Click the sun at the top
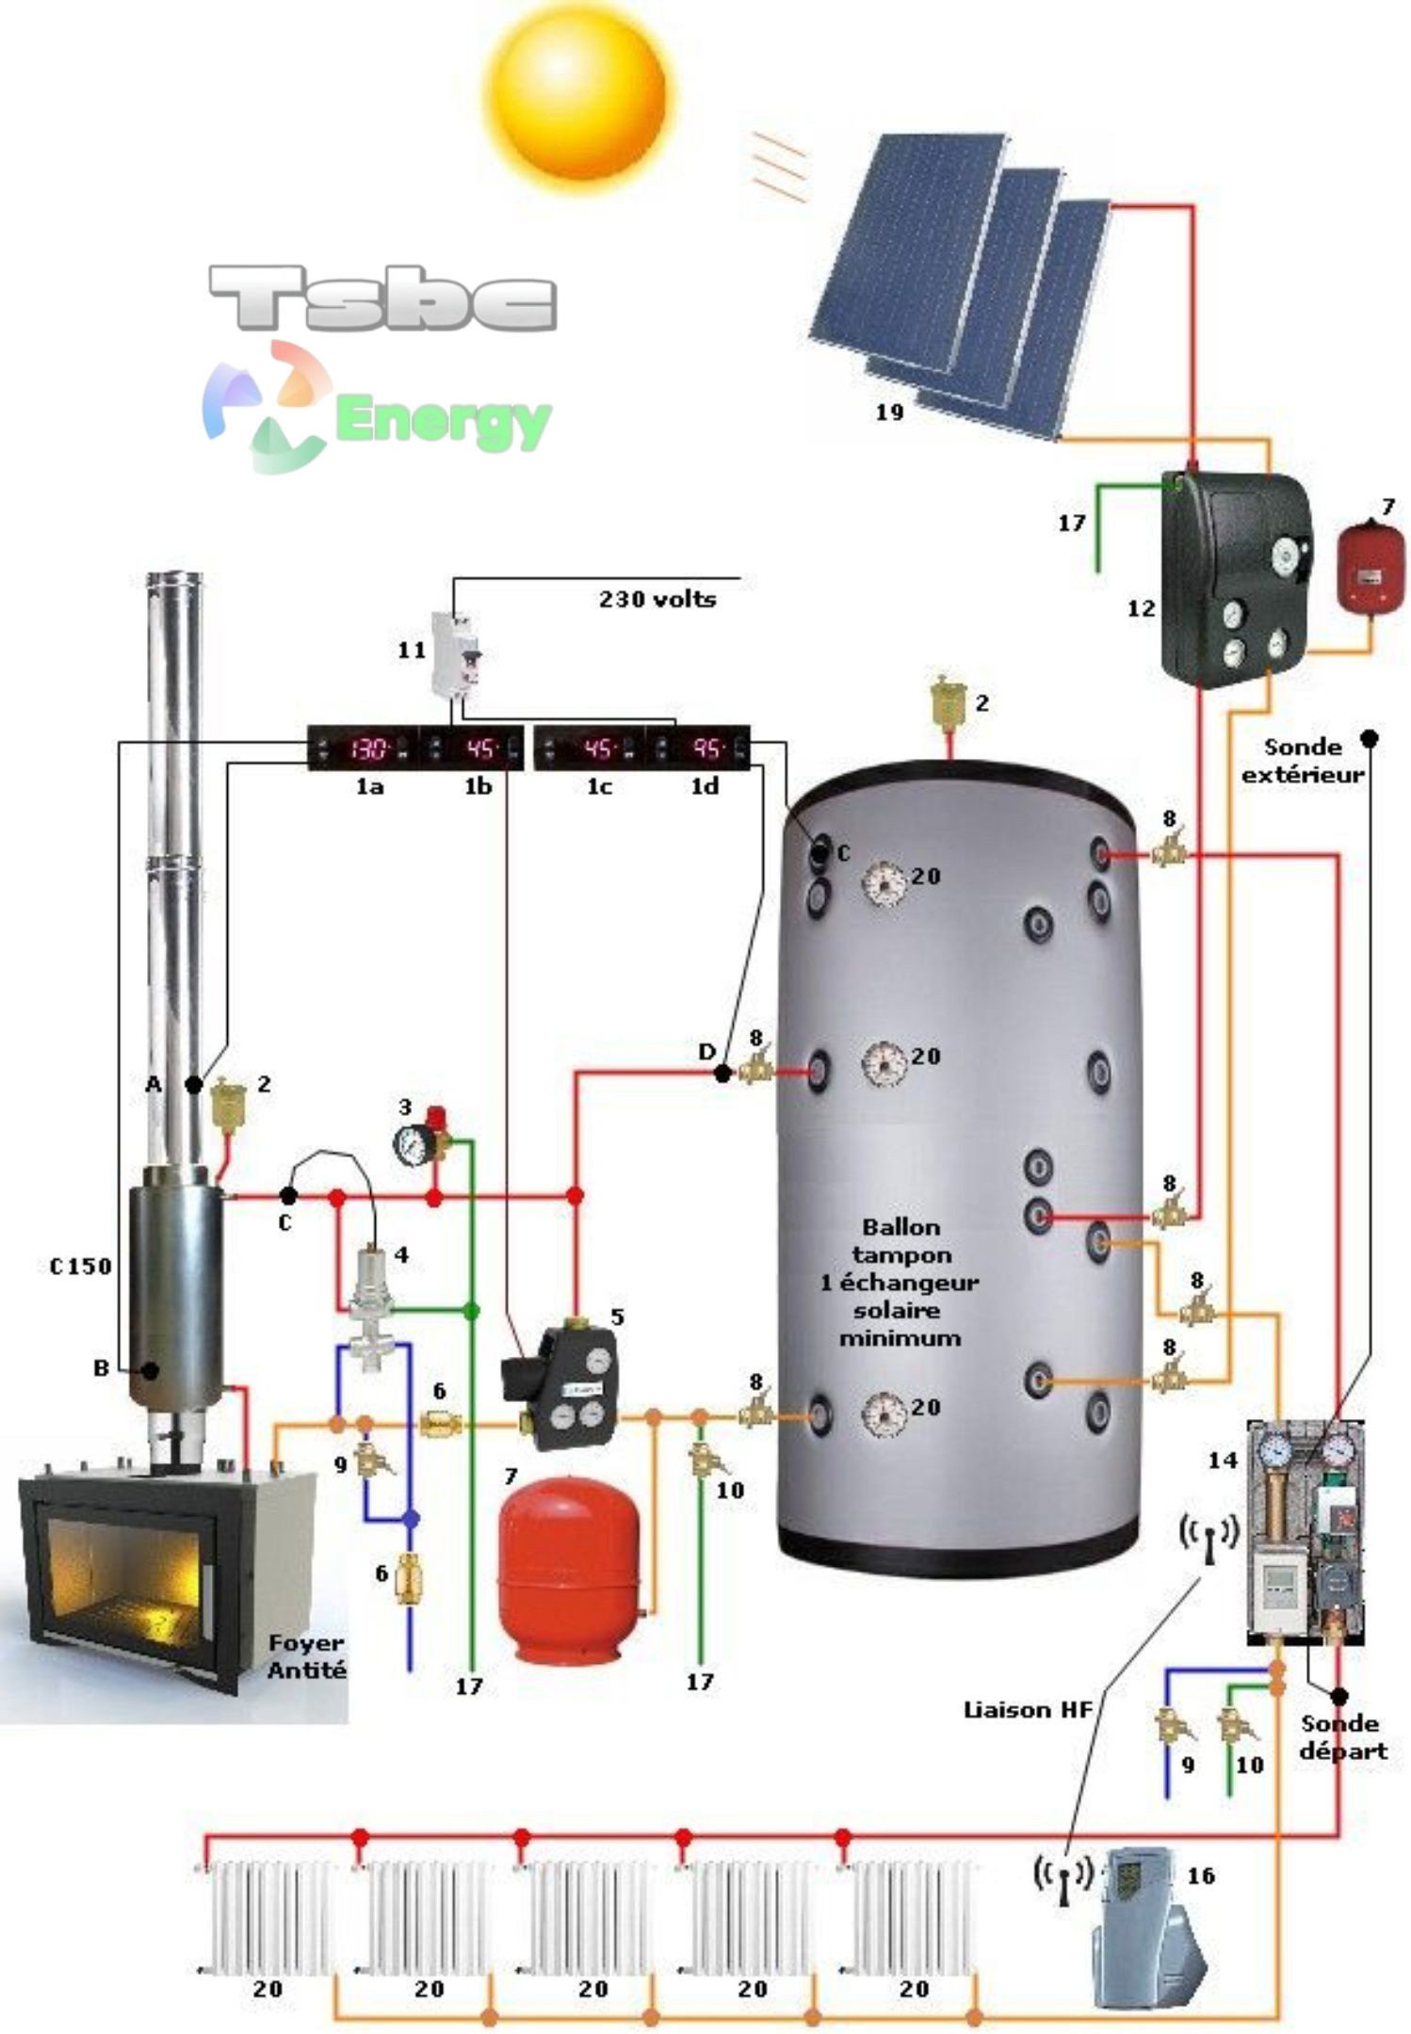coord(578,94)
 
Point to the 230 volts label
coord(657,599)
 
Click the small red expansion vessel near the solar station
coord(1368,567)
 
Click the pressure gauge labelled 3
coord(411,1143)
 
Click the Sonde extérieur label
coord(1302,761)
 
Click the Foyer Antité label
coord(307,1655)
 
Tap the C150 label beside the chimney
coord(81,1267)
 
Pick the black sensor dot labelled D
coord(722,1073)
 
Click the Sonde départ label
coord(1340,1736)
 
